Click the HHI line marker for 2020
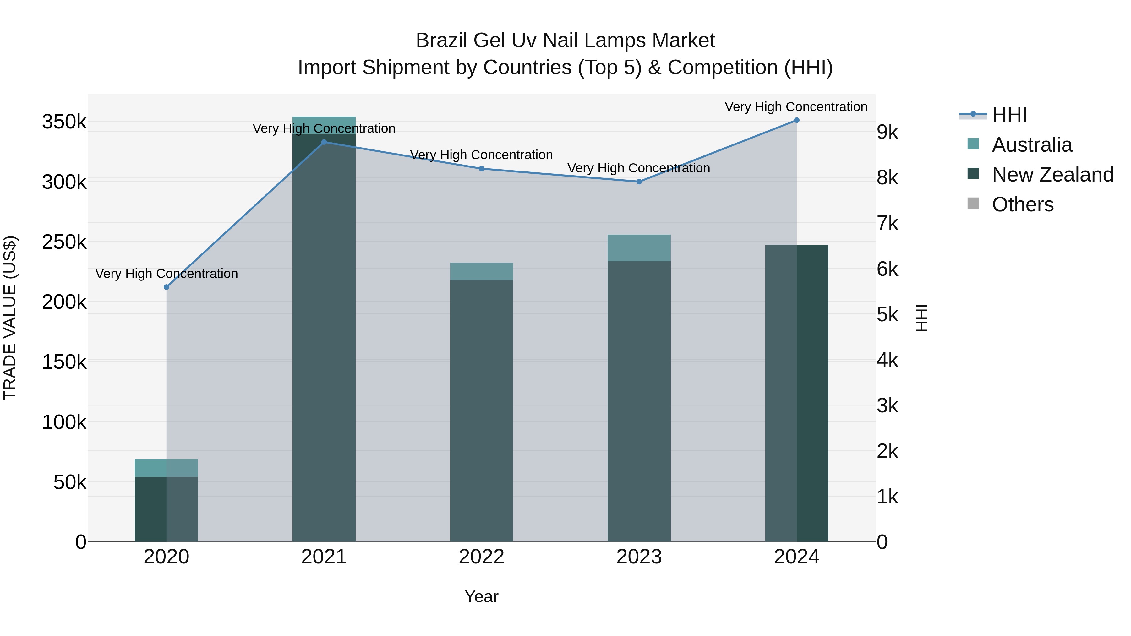click(x=167, y=287)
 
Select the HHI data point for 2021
click(x=324, y=142)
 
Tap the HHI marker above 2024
click(x=796, y=120)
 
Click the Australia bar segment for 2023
click(x=639, y=248)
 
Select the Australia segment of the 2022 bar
click(x=481, y=271)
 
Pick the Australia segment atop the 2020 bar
click(x=167, y=468)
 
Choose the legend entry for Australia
click(x=1031, y=145)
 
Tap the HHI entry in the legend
click(x=1009, y=115)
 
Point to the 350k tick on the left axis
click(x=64, y=122)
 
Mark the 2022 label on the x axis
click(x=481, y=557)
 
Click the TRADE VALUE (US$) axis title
click(x=10, y=318)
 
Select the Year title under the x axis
click(x=481, y=596)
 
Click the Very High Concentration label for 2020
click(x=167, y=274)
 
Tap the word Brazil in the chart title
click(x=441, y=41)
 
